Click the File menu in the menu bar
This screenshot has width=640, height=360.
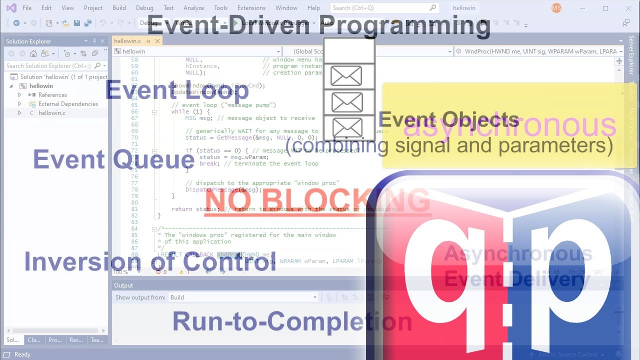(27, 8)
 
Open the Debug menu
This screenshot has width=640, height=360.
(144, 8)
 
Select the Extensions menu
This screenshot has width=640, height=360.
(251, 8)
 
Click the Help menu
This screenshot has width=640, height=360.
(313, 8)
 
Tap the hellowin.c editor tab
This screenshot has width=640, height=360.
(127, 41)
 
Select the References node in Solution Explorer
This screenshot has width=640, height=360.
(52, 95)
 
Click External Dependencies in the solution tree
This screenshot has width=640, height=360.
(68, 104)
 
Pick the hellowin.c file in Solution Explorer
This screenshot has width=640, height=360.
(51, 113)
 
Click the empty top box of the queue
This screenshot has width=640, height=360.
(349, 50)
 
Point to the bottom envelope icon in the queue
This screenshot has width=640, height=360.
(347, 128)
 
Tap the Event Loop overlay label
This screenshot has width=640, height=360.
(177, 90)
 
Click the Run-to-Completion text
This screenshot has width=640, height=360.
(292, 321)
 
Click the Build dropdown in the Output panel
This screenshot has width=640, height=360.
(243, 297)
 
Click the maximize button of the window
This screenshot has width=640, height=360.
(605, 8)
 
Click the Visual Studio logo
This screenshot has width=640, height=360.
(11, 8)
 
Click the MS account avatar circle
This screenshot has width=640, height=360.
(556, 8)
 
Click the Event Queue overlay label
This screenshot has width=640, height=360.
(113, 159)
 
